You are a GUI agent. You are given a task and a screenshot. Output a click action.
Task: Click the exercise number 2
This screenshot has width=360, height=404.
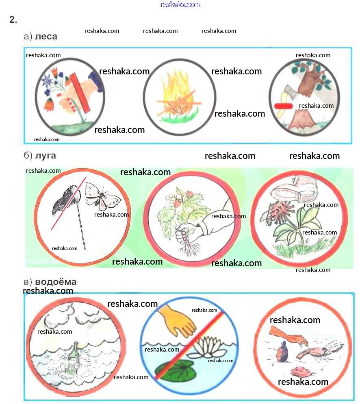(13, 20)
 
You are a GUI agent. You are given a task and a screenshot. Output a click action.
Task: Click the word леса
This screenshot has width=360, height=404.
(46, 37)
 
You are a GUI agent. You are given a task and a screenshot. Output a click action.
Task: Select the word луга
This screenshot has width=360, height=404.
(46, 156)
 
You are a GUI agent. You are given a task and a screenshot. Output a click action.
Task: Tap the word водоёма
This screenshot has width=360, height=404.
(56, 282)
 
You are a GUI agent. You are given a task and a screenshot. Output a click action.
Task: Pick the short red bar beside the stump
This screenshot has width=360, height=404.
(283, 106)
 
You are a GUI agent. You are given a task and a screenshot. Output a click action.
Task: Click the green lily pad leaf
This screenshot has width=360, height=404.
(175, 370)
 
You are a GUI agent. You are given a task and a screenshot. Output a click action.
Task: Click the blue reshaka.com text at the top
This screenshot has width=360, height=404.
(180, 4)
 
